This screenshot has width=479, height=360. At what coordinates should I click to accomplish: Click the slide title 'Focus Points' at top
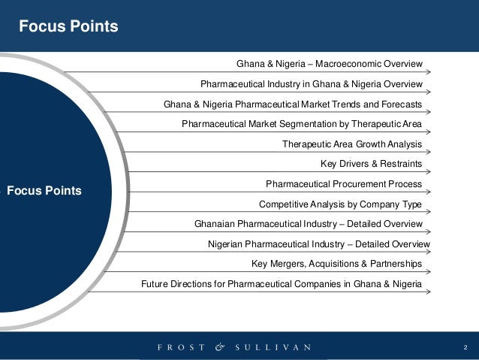68,26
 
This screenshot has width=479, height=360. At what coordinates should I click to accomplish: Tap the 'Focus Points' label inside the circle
44,190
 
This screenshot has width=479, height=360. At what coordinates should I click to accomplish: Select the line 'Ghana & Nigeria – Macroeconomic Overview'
330,63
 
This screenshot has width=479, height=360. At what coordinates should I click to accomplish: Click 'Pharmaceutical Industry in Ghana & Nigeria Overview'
312,83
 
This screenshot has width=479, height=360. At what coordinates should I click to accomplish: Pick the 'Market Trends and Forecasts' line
292,104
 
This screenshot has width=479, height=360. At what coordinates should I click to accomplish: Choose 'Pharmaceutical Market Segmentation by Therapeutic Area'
302,123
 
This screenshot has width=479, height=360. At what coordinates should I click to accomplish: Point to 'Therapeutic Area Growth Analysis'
352,144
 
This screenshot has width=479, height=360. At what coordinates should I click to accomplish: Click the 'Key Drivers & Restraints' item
371,164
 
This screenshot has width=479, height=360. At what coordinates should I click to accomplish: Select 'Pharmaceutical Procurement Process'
344,183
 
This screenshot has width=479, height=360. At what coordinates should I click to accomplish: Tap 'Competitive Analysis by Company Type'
340,204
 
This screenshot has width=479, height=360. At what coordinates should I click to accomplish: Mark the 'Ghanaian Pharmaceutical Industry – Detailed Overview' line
309,224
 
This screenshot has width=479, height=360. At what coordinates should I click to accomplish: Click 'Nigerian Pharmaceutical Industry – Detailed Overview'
319,244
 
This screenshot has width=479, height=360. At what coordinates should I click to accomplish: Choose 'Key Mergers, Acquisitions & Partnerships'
337,264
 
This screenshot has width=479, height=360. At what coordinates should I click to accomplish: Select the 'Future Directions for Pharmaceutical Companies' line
282,284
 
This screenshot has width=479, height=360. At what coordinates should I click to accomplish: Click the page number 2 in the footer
465,347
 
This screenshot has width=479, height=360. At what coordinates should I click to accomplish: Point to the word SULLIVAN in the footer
273,347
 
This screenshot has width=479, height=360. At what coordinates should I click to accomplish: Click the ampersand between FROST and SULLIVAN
219,347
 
